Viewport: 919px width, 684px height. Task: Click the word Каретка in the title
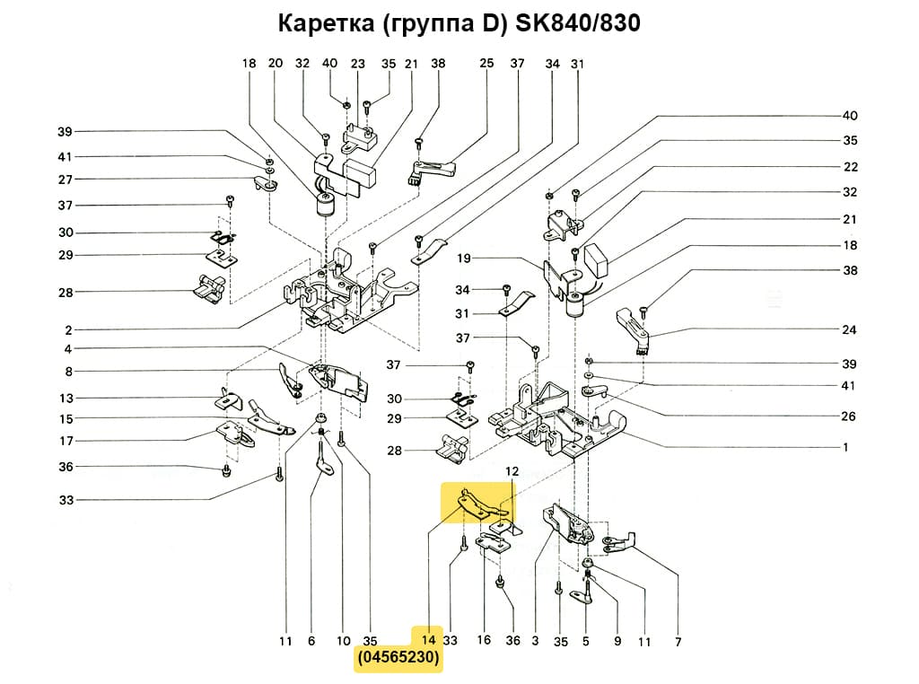tap(325, 23)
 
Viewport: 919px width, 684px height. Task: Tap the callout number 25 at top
tap(486, 64)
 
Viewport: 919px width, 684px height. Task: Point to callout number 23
tap(358, 64)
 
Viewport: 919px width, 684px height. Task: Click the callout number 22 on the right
tap(850, 167)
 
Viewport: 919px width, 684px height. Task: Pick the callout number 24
tap(850, 329)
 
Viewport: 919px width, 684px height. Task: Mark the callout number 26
tap(850, 417)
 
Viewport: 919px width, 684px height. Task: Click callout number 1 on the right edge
tap(845, 447)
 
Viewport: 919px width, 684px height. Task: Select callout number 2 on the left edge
tap(68, 330)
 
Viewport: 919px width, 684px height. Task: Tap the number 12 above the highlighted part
tap(512, 471)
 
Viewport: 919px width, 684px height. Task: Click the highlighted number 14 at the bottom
tap(428, 641)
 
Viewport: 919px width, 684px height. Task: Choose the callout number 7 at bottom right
tap(678, 641)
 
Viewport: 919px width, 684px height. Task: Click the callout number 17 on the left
tap(66, 441)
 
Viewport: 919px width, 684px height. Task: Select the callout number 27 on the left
tap(66, 180)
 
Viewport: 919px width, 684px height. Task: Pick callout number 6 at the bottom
tap(311, 641)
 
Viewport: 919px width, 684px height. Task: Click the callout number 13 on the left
tap(66, 399)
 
